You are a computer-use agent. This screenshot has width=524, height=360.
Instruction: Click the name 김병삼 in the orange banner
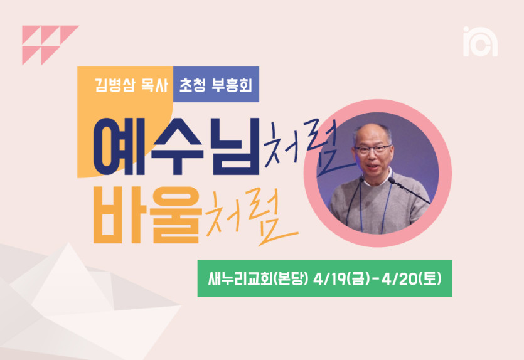[115, 85]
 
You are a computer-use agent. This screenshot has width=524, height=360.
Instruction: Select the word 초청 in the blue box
[192, 85]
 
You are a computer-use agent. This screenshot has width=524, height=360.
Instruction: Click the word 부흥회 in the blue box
[232, 85]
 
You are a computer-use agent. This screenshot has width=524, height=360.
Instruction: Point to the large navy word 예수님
[176, 146]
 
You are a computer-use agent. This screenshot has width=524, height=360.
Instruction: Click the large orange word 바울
[147, 214]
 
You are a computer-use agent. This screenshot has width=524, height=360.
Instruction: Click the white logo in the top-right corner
[480, 42]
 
